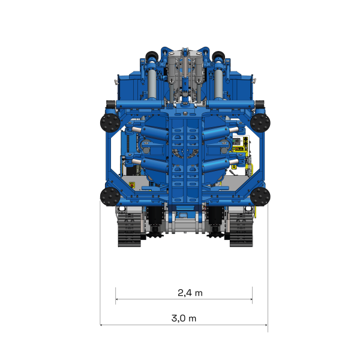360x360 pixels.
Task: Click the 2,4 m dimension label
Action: pyautogui.click(x=190, y=293)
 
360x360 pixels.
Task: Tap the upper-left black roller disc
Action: pyautogui.click(x=109, y=123)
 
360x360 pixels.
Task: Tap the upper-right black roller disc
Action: pyautogui.click(x=260, y=123)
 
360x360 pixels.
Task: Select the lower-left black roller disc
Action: pyautogui.click(x=109, y=196)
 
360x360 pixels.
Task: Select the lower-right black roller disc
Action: pyautogui.click(x=260, y=196)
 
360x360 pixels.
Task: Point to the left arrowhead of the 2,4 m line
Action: pyautogui.click(x=117, y=298)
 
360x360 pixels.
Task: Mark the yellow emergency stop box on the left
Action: pyautogui.click(x=131, y=184)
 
